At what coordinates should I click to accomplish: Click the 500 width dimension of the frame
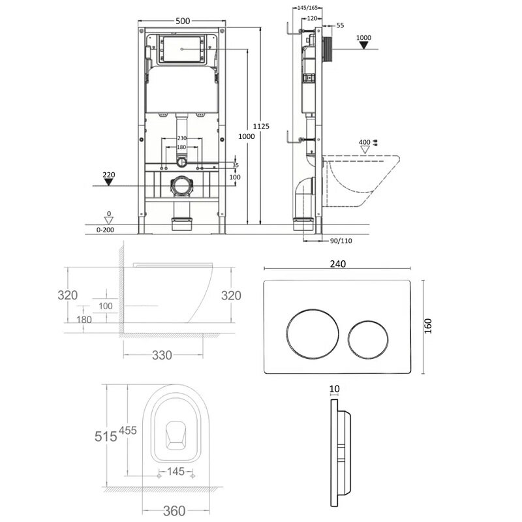[x=183, y=21]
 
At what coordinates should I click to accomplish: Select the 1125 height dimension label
[x=261, y=126]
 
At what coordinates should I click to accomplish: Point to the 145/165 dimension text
[x=307, y=8]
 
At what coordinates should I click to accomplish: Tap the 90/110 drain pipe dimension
[x=341, y=241]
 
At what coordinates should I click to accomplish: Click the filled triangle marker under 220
[x=108, y=182]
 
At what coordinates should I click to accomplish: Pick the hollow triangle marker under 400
[x=365, y=150]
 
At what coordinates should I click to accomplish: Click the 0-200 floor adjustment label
[x=105, y=230]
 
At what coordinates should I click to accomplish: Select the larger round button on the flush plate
[x=313, y=334]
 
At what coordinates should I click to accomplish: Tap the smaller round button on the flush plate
[x=368, y=340]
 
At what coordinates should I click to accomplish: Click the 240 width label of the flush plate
[x=338, y=264]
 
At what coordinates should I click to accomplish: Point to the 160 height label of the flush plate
[x=428, y=326]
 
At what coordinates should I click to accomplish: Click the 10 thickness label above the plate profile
[x=334, y=389]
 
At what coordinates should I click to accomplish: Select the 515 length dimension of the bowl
[x=106, y=437]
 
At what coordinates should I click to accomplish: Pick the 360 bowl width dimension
[x=174, y=510]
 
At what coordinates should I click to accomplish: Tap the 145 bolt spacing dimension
[x=176, y=471]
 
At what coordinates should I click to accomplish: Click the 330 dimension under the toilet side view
[x=162, y=355]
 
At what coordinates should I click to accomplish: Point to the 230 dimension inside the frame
[x=182, y=138]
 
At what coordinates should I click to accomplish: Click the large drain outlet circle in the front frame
[x=182, y=186]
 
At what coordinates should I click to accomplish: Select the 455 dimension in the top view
[x=128, y=431]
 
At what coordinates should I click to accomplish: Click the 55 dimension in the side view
[x=340, y=25]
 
